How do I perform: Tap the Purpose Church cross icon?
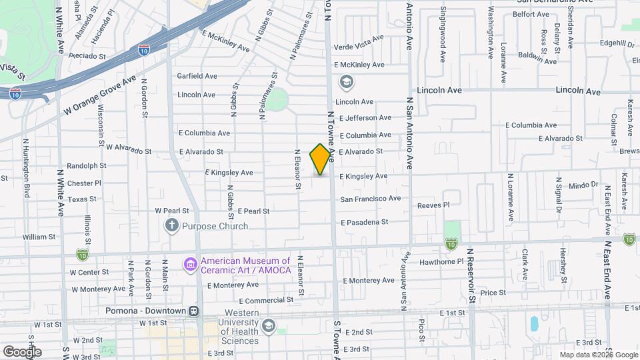[x=172, y=226]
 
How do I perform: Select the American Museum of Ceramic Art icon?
[x=191, y=265]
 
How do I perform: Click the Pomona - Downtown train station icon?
[x=194, y=311]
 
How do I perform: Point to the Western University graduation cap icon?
[x=268, y=325]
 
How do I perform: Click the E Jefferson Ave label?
[x=365, y=118]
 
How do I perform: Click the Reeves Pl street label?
[x=433, y=205]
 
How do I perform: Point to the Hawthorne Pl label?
[x=441, y=262]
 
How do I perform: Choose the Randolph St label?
[x=87, y=166]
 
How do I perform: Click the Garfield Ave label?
[x=197, y=76]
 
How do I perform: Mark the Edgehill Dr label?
[x=616, y=44]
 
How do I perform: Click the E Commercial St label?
[x=266, y=301]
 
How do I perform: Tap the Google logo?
[x=22, y=351]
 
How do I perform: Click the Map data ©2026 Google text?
[x=598, y=355]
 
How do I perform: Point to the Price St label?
[x=493, y=292]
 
